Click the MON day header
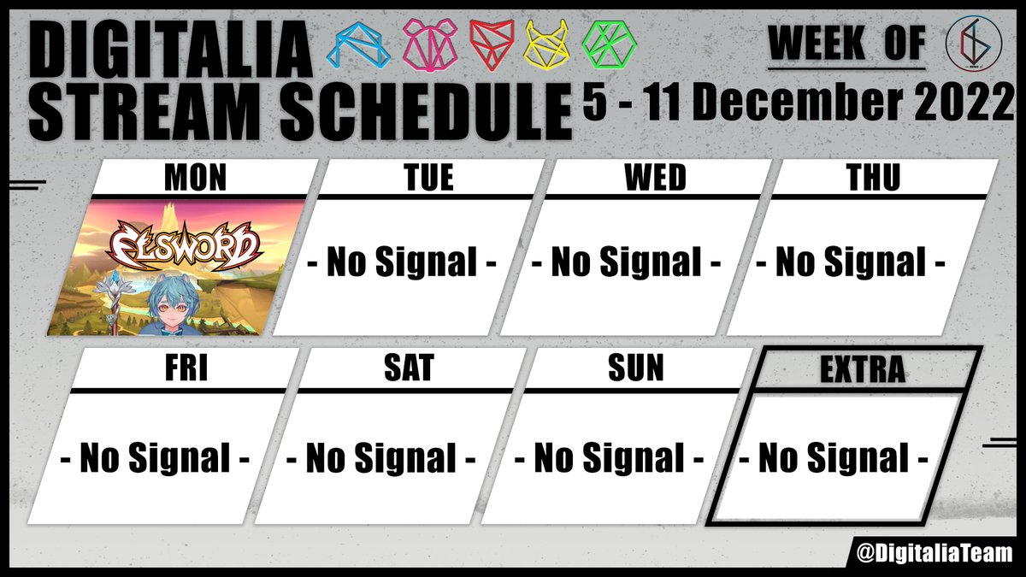click(x=197, y=178)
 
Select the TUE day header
click(x=427, y=178)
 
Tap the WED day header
click(x=655, y=178)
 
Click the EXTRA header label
click(x=861, y=369)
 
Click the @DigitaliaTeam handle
click(x=934, y=552)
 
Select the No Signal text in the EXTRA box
click(x=833, y=459)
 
